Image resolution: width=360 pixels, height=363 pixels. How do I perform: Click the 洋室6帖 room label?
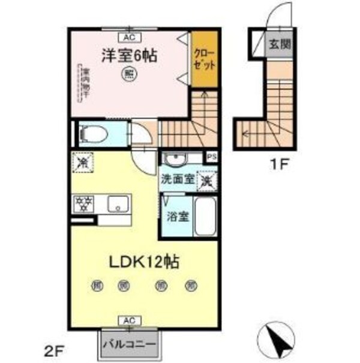129,56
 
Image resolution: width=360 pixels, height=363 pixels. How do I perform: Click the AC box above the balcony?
129,321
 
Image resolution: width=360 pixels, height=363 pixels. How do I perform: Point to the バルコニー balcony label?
129,345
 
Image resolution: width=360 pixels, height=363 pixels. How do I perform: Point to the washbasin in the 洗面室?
176,160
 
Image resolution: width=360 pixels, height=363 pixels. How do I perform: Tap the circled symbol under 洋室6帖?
129,74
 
